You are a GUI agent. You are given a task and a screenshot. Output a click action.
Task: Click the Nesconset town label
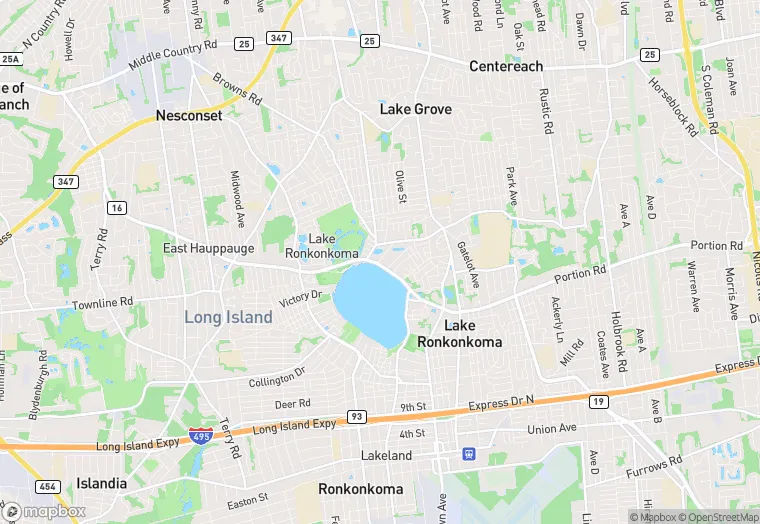(188, 116)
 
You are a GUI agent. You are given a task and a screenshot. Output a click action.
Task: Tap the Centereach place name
(506, 66)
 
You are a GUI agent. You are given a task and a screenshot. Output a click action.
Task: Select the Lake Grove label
(415, 109)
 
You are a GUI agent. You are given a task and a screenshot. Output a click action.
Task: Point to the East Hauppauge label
(209, 248)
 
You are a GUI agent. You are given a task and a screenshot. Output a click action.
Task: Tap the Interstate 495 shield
(200, 436)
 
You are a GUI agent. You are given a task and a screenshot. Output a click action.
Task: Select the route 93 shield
(355, 415)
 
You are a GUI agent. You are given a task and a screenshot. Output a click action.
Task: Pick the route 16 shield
(118, 207)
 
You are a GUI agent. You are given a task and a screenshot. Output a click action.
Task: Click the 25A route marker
(11, 59)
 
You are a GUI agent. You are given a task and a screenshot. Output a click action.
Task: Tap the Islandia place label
(101, 484)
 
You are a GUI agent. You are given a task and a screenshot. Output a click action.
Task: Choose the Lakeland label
(386, 456)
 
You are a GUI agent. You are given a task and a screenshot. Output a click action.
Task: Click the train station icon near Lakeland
(469, 453)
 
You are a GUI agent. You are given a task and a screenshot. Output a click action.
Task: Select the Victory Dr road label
(299, 297)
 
